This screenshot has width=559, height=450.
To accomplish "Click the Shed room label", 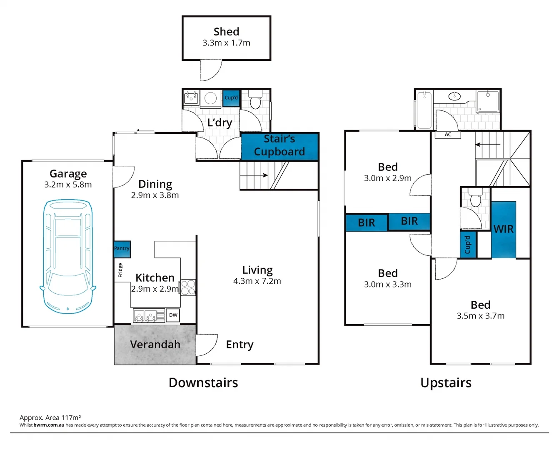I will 226,32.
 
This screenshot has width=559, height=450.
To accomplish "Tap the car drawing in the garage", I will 68,256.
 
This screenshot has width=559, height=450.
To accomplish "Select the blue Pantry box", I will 122,249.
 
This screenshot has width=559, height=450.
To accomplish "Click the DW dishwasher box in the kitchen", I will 173,315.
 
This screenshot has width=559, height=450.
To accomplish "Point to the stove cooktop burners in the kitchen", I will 188,287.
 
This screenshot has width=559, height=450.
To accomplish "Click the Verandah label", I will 155,345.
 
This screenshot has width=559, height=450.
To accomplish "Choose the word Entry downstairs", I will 240,345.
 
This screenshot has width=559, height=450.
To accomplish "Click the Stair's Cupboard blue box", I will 279,146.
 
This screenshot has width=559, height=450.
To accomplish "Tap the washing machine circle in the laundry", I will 211,98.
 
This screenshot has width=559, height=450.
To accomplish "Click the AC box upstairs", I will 448,135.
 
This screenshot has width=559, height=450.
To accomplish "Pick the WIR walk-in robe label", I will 503,229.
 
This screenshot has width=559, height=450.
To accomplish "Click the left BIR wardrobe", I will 367,223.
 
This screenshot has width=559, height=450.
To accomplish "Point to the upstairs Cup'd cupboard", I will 467,245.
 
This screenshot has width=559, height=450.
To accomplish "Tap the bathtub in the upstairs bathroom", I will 424,110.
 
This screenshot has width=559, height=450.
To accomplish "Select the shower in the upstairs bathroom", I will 488,101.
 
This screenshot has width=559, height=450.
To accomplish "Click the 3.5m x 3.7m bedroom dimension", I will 480,316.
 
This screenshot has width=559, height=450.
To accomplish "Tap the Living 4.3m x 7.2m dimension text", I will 257,281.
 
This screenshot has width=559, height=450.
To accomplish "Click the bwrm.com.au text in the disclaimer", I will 49,425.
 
